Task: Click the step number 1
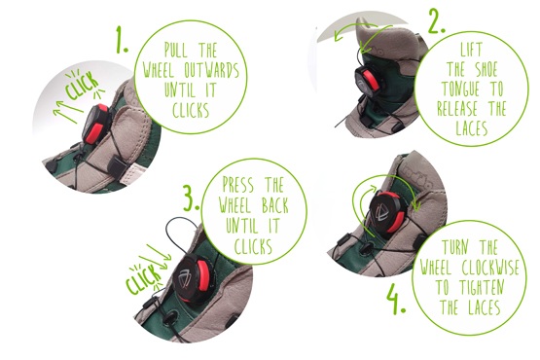coord(122,39)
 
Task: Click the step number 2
coord(436,20)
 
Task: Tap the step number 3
coord(191,198)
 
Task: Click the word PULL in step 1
coord(176,51)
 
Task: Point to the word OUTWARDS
coord(211,70)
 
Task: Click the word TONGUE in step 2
coord(460,89)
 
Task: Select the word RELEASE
coord(457,108)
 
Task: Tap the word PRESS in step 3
coord(238,185)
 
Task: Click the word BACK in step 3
coord(274,205)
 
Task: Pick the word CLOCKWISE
coord(490,267)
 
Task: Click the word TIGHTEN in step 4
coord(483,287)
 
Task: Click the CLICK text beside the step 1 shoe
coord(83,85)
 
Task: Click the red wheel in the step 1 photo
coord(95,124)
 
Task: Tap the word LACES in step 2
coord(472,128)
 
